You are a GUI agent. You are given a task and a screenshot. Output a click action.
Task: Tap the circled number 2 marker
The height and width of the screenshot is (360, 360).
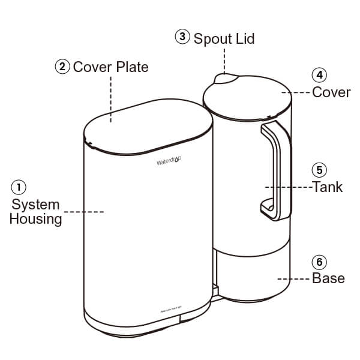pos(62,67)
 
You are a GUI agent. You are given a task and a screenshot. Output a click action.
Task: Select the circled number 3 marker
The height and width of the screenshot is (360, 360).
pos(182,37)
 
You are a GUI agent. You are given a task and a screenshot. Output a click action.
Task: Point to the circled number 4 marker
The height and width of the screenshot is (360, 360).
pos(319,76)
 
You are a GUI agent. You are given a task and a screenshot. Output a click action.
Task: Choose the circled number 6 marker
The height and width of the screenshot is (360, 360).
pos(319,262)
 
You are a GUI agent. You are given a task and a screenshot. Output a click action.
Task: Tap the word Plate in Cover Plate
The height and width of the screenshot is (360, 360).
pos(130,67)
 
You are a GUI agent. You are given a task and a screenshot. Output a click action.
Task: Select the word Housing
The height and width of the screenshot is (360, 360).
pos(36,219)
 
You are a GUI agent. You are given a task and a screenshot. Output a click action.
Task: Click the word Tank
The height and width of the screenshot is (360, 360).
pos(328,187)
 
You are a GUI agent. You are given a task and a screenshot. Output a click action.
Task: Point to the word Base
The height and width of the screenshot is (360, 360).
pos(329,278)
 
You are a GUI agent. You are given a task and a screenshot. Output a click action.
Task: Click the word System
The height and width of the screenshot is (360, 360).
pos(36,205)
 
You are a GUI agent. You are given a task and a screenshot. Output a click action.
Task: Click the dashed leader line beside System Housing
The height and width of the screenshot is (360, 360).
pos(84,212)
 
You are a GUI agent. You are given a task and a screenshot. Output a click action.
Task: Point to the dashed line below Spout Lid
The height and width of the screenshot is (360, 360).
pos(224,60)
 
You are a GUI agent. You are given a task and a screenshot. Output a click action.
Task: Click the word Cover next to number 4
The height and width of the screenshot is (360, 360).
pos(332,92)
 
